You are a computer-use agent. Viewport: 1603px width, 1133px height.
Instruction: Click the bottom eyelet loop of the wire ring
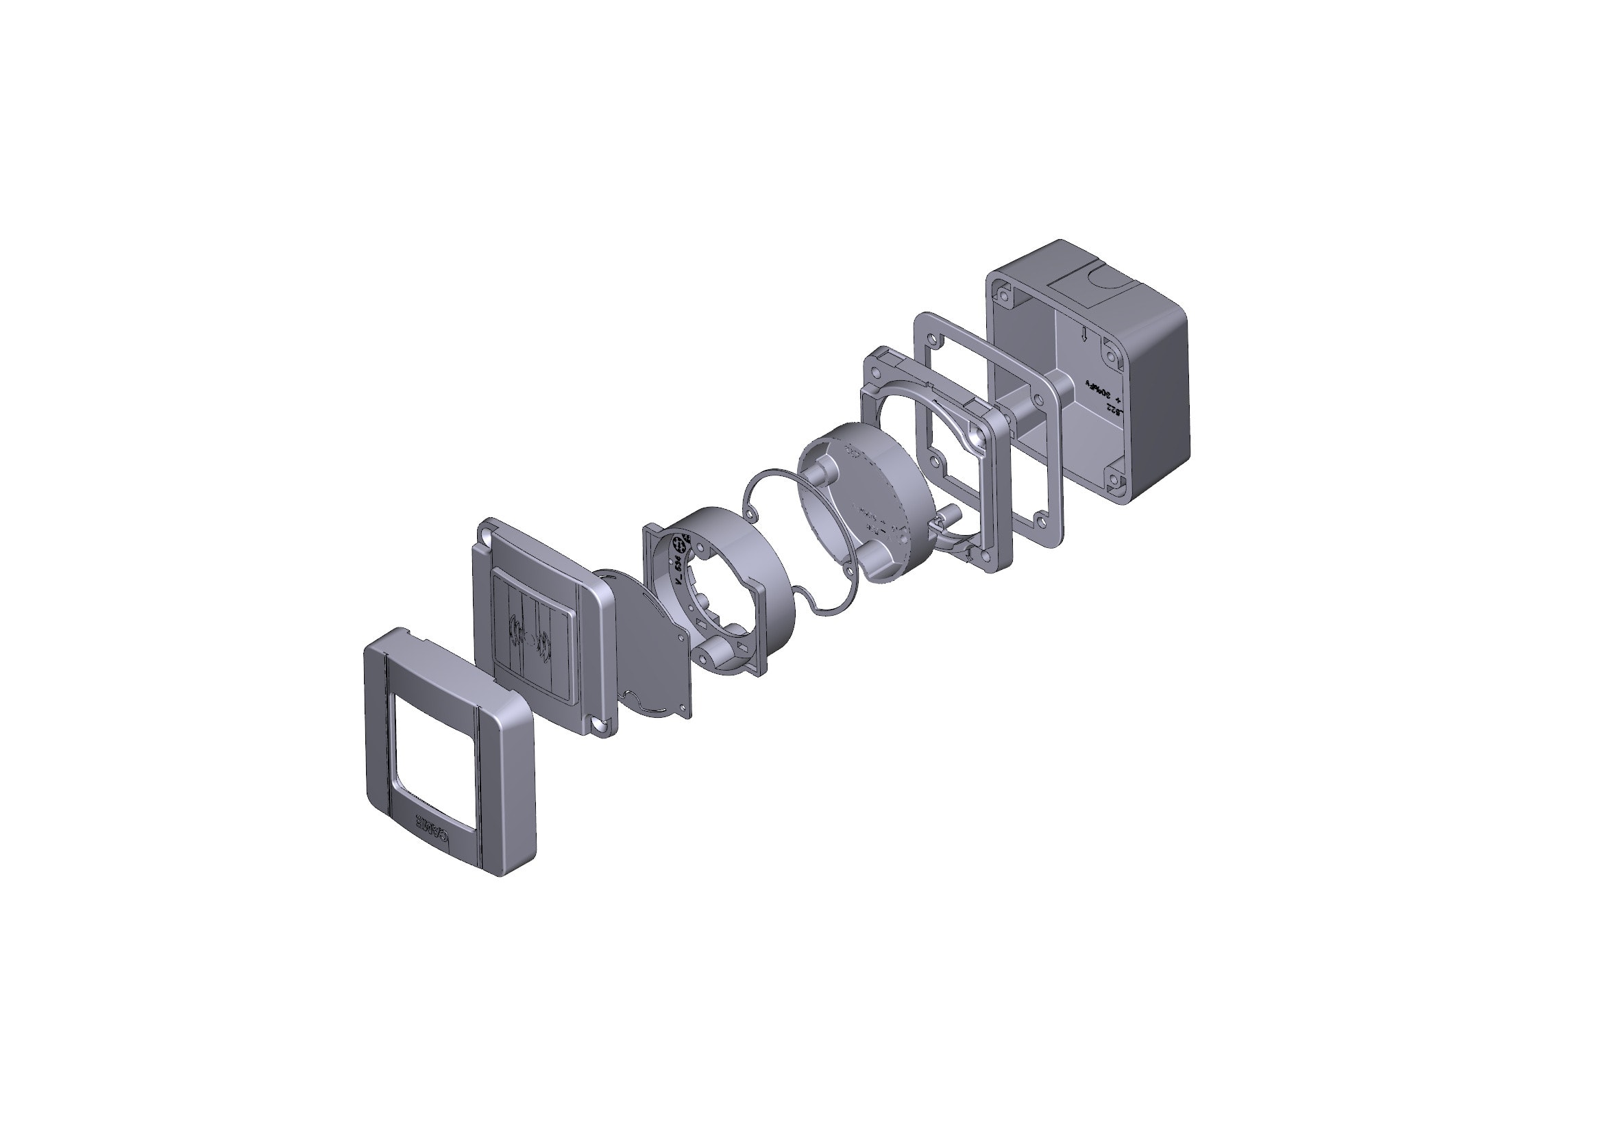point(847,571)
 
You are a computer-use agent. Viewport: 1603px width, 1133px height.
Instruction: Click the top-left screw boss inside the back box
point(1004,296)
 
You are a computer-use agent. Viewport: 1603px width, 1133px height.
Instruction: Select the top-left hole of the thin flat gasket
point(932,339)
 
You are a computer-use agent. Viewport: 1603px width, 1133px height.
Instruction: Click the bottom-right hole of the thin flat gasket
point(1041,519)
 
